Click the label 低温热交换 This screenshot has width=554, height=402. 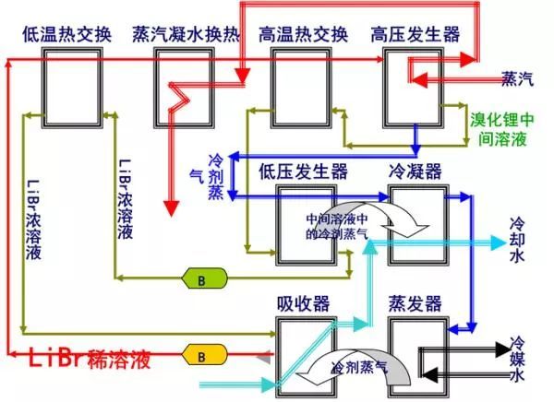coord(66,35)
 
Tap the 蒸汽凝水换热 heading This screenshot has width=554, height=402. coord(184,35)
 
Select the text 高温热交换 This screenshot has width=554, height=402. coord(303,35)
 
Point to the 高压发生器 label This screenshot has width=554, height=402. coord(414,35)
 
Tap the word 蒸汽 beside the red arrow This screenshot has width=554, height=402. coord(517,80)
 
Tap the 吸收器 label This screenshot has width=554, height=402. coord(301,303)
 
